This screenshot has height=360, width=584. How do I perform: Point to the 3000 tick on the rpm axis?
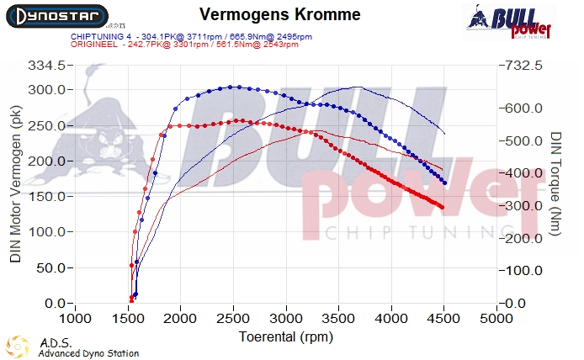point(285,319)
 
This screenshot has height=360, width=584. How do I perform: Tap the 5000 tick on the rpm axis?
point(496,319)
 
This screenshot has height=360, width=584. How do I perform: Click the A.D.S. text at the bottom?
point(55,343)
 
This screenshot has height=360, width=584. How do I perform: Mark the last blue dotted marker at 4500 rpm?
point(443,183)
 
